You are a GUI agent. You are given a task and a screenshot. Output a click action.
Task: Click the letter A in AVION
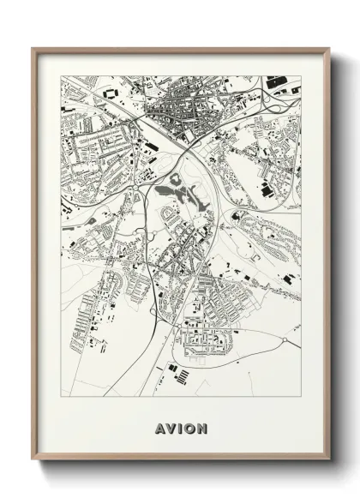pyautogui.click(x=160, y=426)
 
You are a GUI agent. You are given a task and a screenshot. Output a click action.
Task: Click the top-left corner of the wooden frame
pyautogui.click(x=33, y=48)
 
